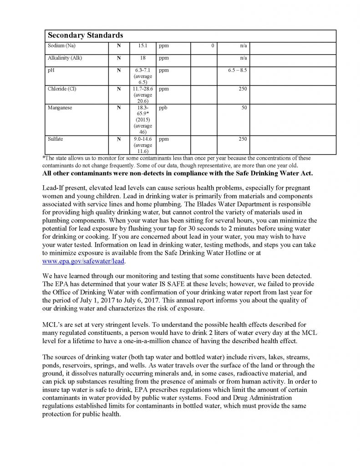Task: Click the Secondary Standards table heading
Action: pyautogui.click(x=85, y=35)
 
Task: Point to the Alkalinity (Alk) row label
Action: pyautogui.click(x=65, y=58)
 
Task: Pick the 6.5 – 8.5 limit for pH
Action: pyautogui.click(x=238, y=71)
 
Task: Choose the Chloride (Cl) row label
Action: pyautogui.click(x=62, y=89)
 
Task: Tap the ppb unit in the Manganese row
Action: pyautogui.click(x=163, y=107)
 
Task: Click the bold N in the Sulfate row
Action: pyautogui.click(x=119, y=138)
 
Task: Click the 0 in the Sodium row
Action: pyautogui.click(x=213, y=46)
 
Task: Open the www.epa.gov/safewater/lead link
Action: pyautogui.click(x=83, y=262)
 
